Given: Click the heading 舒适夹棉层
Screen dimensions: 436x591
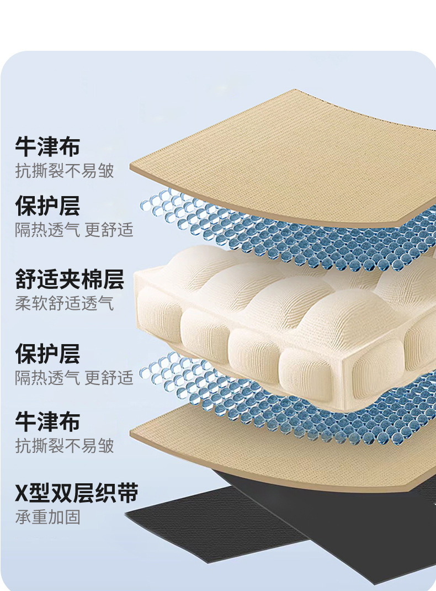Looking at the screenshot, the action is coord(70,279).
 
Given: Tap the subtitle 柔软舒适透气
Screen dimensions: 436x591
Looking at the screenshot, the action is coord(64,303).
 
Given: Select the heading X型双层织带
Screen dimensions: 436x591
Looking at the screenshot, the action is coord(76,493).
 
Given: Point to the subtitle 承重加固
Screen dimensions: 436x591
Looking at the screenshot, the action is coord(47,517).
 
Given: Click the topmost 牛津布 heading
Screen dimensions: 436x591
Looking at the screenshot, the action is coord(47,147).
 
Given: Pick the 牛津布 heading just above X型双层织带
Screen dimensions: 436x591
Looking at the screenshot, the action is coord(47,421).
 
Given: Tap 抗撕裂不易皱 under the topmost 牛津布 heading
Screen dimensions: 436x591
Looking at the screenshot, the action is coord(64,171).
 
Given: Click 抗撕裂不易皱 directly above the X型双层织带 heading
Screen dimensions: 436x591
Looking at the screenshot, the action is coord(64,445).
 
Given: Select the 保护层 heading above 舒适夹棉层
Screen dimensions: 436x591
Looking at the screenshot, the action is coord(47,206).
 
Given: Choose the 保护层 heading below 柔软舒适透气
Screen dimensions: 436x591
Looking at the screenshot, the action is coord(47,354).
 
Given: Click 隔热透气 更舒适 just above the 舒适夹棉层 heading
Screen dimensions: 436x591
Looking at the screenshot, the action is coord(74,230).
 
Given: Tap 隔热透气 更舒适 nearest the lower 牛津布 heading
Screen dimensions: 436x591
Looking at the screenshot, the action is coord(74,378).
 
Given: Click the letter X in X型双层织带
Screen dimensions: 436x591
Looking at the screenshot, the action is coord(21,493).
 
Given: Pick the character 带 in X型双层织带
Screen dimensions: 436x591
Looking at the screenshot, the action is coord(127,493).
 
